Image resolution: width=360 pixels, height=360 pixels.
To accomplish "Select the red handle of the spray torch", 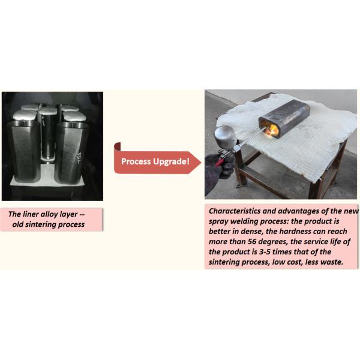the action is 220,162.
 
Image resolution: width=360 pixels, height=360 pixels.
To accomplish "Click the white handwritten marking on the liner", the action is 79,157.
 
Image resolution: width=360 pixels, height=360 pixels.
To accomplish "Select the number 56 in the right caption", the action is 251,242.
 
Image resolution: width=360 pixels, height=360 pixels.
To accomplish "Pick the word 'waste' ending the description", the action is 332,262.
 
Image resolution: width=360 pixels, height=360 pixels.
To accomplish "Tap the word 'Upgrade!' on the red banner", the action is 171,161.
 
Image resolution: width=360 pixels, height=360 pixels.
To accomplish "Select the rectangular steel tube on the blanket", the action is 284,118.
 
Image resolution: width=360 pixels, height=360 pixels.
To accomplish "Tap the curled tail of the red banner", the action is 118,147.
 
